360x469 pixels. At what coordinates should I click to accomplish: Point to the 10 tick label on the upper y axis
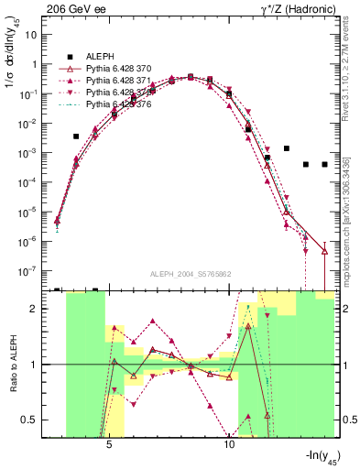[x=32, y=35]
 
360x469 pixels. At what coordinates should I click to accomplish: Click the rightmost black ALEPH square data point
[x=324, y=165]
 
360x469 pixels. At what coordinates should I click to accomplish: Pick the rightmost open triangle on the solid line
[x=324, y=250]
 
